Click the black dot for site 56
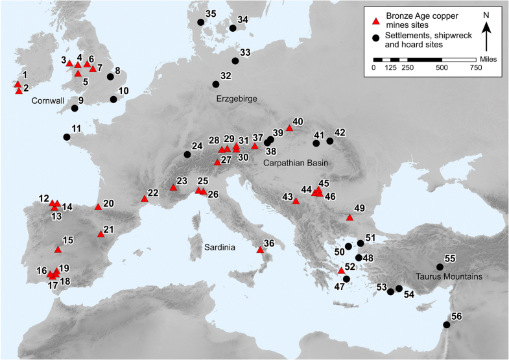[446, 325]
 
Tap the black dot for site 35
[200, 22]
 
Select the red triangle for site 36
[260, 250]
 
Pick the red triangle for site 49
[350, 218]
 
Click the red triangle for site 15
[58, 249]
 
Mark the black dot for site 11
[67, 137]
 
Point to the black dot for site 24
[187, 154]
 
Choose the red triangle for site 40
[289, 128]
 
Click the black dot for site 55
[440, 267]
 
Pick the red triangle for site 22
[144, 199]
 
